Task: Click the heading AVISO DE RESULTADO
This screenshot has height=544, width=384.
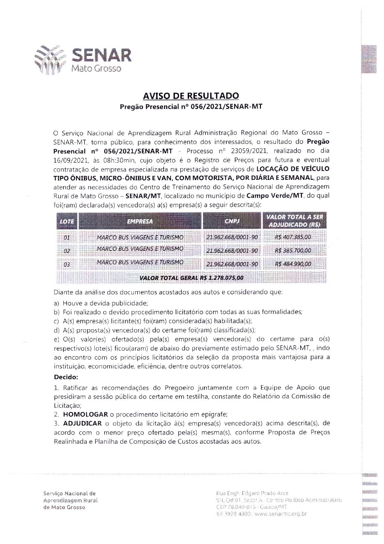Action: coord(191,96)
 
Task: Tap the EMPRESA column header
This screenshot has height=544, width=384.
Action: coord(140,221)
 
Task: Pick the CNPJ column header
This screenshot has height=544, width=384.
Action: coord(232,221)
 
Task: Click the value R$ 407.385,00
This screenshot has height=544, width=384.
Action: coord(293,238)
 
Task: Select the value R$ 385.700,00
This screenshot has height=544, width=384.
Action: coord(293,251)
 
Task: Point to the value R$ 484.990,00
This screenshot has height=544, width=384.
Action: coord(293,264)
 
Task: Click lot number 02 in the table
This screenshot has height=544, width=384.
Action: coord(66,251)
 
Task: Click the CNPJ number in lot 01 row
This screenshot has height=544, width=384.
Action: coord(232,238)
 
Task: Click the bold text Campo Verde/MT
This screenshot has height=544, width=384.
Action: coord(272,196)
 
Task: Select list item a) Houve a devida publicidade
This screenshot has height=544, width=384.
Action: coord(101,303)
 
